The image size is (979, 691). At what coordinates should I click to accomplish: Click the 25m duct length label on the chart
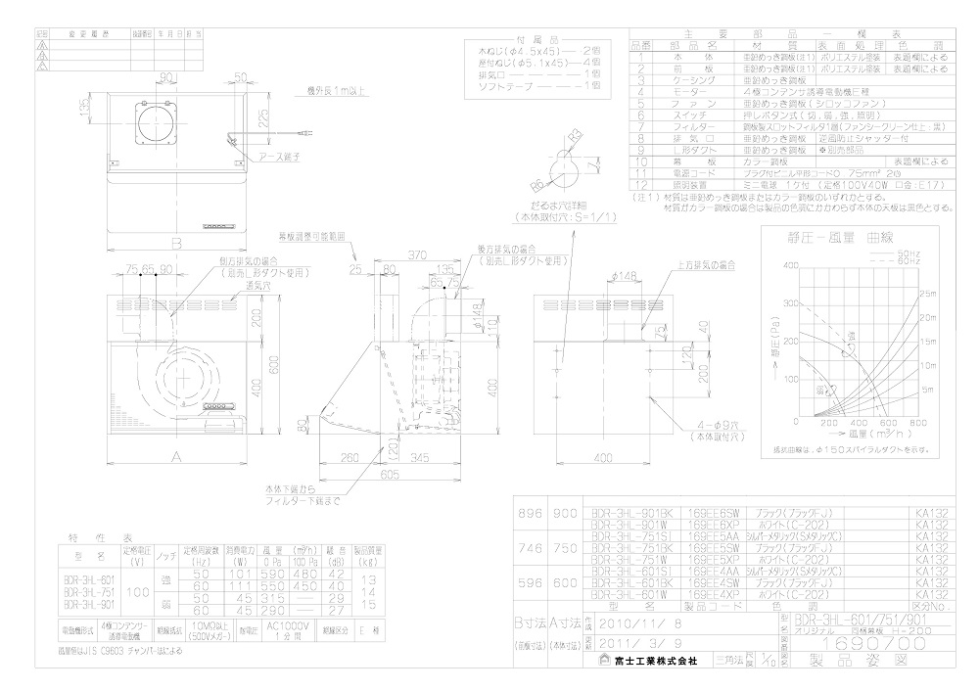tap(924, 294)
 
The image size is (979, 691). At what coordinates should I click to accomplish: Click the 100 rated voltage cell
tap(136, 593)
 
